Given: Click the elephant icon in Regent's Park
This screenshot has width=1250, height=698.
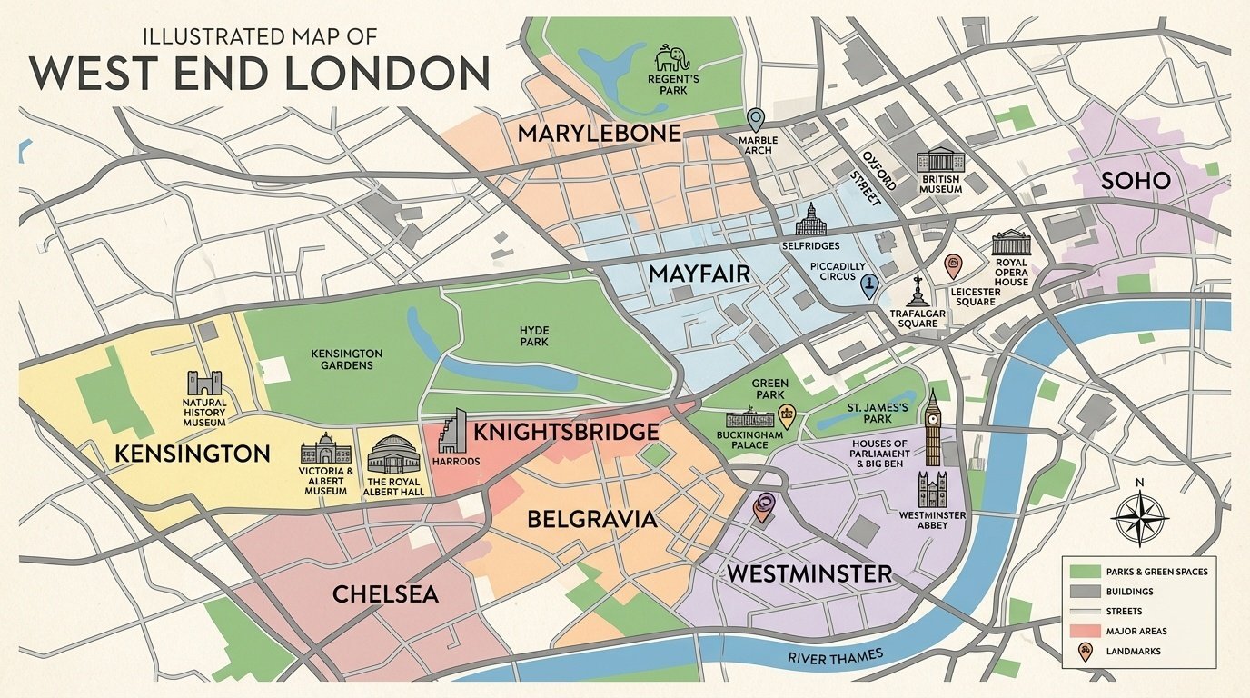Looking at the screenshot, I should [673, 60].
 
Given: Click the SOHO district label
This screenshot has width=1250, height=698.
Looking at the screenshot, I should [1136, 181].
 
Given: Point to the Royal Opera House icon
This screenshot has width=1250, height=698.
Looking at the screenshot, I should [1011, 244].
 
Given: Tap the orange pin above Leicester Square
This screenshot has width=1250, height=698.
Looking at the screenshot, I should [953, 265].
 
